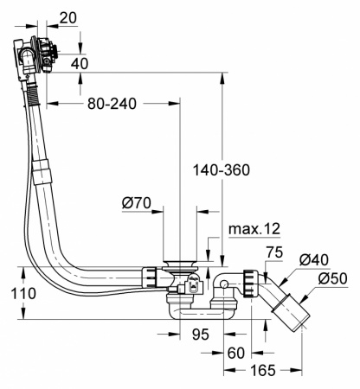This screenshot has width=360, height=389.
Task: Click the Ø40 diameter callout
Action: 314,260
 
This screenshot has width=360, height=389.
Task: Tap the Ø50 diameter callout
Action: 333,278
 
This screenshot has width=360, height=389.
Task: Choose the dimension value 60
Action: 236,352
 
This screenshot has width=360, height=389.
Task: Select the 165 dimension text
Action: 265,371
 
